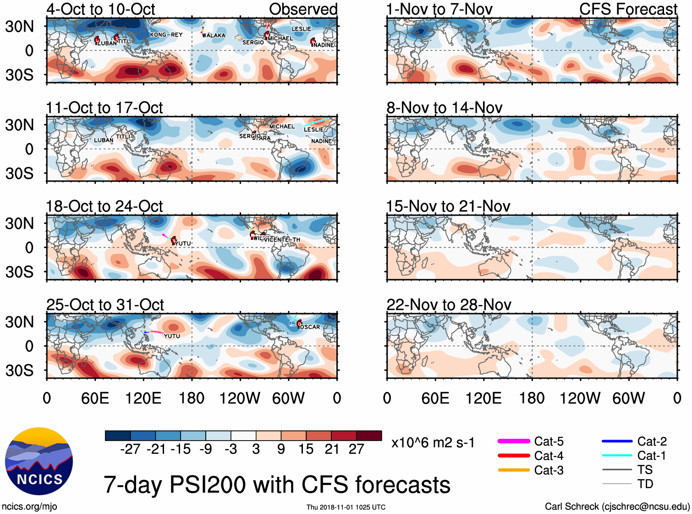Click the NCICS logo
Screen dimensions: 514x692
(x=39, y=461)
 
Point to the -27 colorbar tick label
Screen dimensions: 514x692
(x=130, y=449)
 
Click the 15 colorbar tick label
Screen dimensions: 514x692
(x=306, y=449)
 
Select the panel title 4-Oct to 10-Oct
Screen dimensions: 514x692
(x=101, y=9)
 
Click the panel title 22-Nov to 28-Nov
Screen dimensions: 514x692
(x=449, y=305)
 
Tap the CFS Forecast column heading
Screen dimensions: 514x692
(x=628, y=9)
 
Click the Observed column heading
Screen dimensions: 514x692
(x=303, y=9)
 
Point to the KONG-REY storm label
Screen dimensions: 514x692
(x=166, y=35)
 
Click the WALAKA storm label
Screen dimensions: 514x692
(x=214, y=35)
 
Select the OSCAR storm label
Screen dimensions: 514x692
(x=310, y=327)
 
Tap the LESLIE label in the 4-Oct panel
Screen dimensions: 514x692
(x=301, y=29)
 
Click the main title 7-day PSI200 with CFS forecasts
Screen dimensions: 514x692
(x=277, y=485)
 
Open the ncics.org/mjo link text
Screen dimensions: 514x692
(x=29, y=507)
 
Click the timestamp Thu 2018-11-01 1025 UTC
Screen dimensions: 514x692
(x=346, y=507)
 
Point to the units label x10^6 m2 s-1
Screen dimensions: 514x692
(x=433, y=443)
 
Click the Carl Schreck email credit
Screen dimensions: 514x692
(x=617, y=507)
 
